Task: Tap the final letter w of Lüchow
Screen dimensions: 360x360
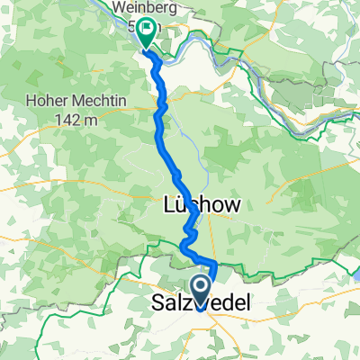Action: pyautogui.click(x=233, y=205)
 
